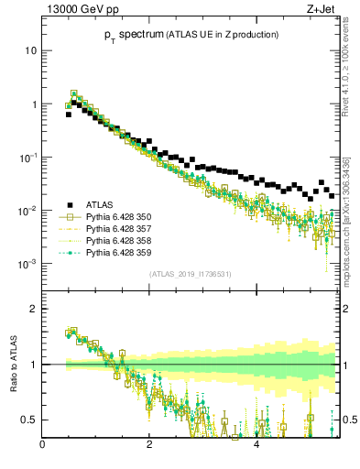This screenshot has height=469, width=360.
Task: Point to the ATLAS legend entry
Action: pos(96,204)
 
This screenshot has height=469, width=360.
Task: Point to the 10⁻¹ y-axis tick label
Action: pos(27,158)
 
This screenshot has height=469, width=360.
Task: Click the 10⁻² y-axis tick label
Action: pos(27,212)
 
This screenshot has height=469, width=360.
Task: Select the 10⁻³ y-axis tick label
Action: pos(27,265)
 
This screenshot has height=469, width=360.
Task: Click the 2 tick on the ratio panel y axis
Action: pos(33,309)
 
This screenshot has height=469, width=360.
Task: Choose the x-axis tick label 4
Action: pos(256,446)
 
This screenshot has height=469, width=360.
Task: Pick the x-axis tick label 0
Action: pos(42,446)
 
